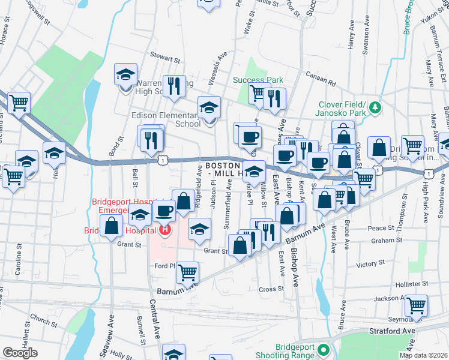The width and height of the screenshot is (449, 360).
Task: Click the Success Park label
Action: [x=258, y=80]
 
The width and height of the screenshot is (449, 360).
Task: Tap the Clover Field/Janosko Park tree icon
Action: [x=376, y=107]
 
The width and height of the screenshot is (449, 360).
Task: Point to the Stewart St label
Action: [x=165, y=60]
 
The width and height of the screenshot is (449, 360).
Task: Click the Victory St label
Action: [x=370, y=263]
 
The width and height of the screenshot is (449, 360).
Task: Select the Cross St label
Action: [x=267, y=289]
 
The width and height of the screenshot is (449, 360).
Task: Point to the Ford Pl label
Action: [x=164, y=266]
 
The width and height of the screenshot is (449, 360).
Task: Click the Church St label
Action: [x=43, y=319]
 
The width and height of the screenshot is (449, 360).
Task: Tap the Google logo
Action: [x=20, y=352]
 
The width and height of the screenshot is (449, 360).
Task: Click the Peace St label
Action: [x=381, y=229]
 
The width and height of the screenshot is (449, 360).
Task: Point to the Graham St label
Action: [x=385, y=241]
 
